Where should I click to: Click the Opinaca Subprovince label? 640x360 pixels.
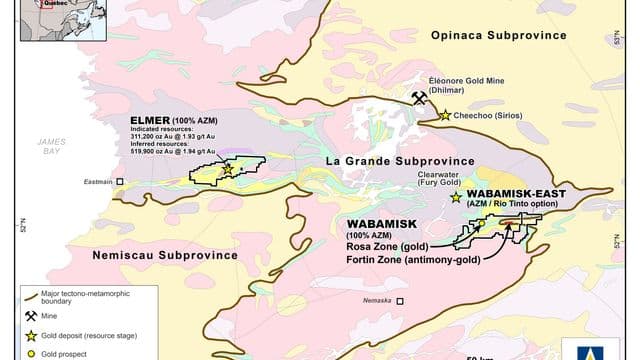pos(498,36)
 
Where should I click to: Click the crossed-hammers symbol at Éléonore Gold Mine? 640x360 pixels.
pos(420,97)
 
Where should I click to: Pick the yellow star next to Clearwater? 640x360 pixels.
pos(456,183)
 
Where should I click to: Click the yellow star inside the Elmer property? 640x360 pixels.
pos(227,169)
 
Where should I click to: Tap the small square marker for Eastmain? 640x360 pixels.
pos(120,182)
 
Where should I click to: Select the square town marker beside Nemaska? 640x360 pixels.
pos(400,300)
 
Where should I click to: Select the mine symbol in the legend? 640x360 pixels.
pos(30,315)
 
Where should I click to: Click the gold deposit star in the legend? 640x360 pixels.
pos(30,335)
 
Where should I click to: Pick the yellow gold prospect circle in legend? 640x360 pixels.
pos(30,353)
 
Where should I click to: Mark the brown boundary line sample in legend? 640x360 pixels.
pos(30,294)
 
